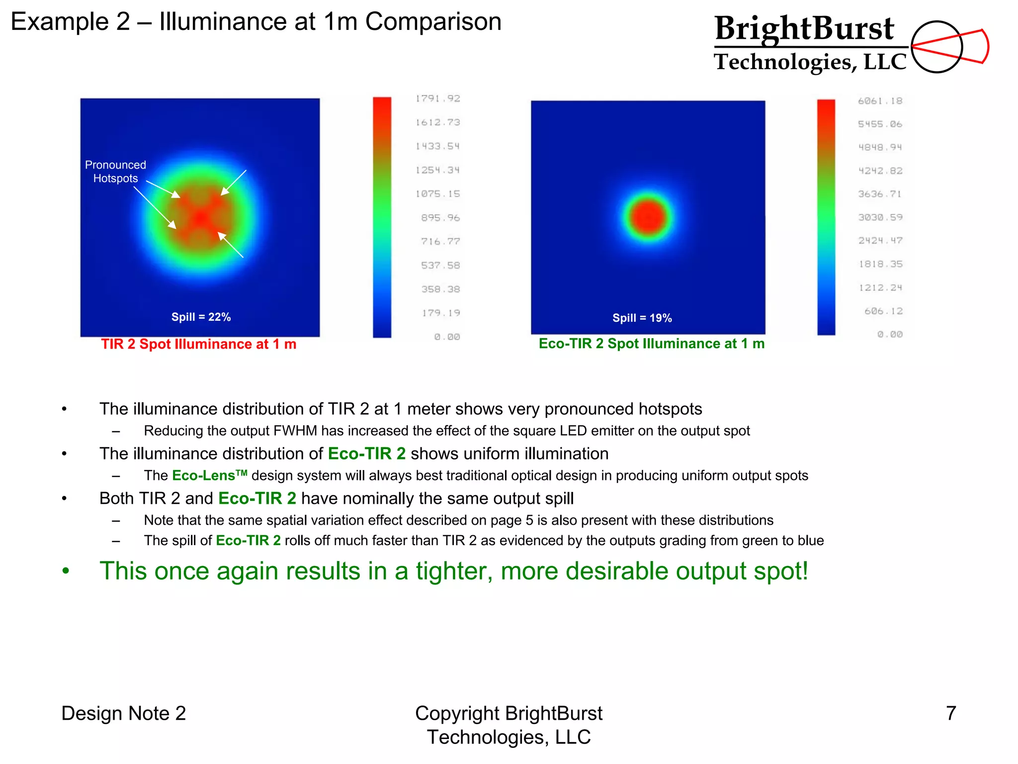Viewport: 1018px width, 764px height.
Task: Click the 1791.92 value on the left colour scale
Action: [x=438, y=98]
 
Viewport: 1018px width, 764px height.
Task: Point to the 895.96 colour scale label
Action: [x=440, y=218]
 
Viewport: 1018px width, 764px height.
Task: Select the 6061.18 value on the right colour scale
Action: [x=880, y=101]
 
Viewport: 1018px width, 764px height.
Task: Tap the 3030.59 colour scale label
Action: [x=880, y=217]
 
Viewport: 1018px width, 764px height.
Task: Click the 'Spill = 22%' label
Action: [x=201, y=317]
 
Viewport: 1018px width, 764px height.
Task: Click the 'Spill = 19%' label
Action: [x=642, y=318]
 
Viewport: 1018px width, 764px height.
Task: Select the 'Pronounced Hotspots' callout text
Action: [x=115, y=172]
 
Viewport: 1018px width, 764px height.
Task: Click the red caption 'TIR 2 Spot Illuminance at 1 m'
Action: [x=198, y=344]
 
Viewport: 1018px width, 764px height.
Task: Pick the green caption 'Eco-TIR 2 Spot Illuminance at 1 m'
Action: [x=651, y=344]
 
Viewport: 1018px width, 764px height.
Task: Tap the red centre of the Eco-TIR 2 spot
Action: [x=648, y=217]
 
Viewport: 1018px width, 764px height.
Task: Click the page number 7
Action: [x=950, y=713]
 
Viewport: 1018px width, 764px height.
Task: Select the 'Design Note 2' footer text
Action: [x=123, y=713]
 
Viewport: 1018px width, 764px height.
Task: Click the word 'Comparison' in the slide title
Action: [x=433, y=22]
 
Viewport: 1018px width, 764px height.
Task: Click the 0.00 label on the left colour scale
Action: [x=447, y=337]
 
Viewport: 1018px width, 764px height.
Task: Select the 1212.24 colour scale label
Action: [x=880, y=287]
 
